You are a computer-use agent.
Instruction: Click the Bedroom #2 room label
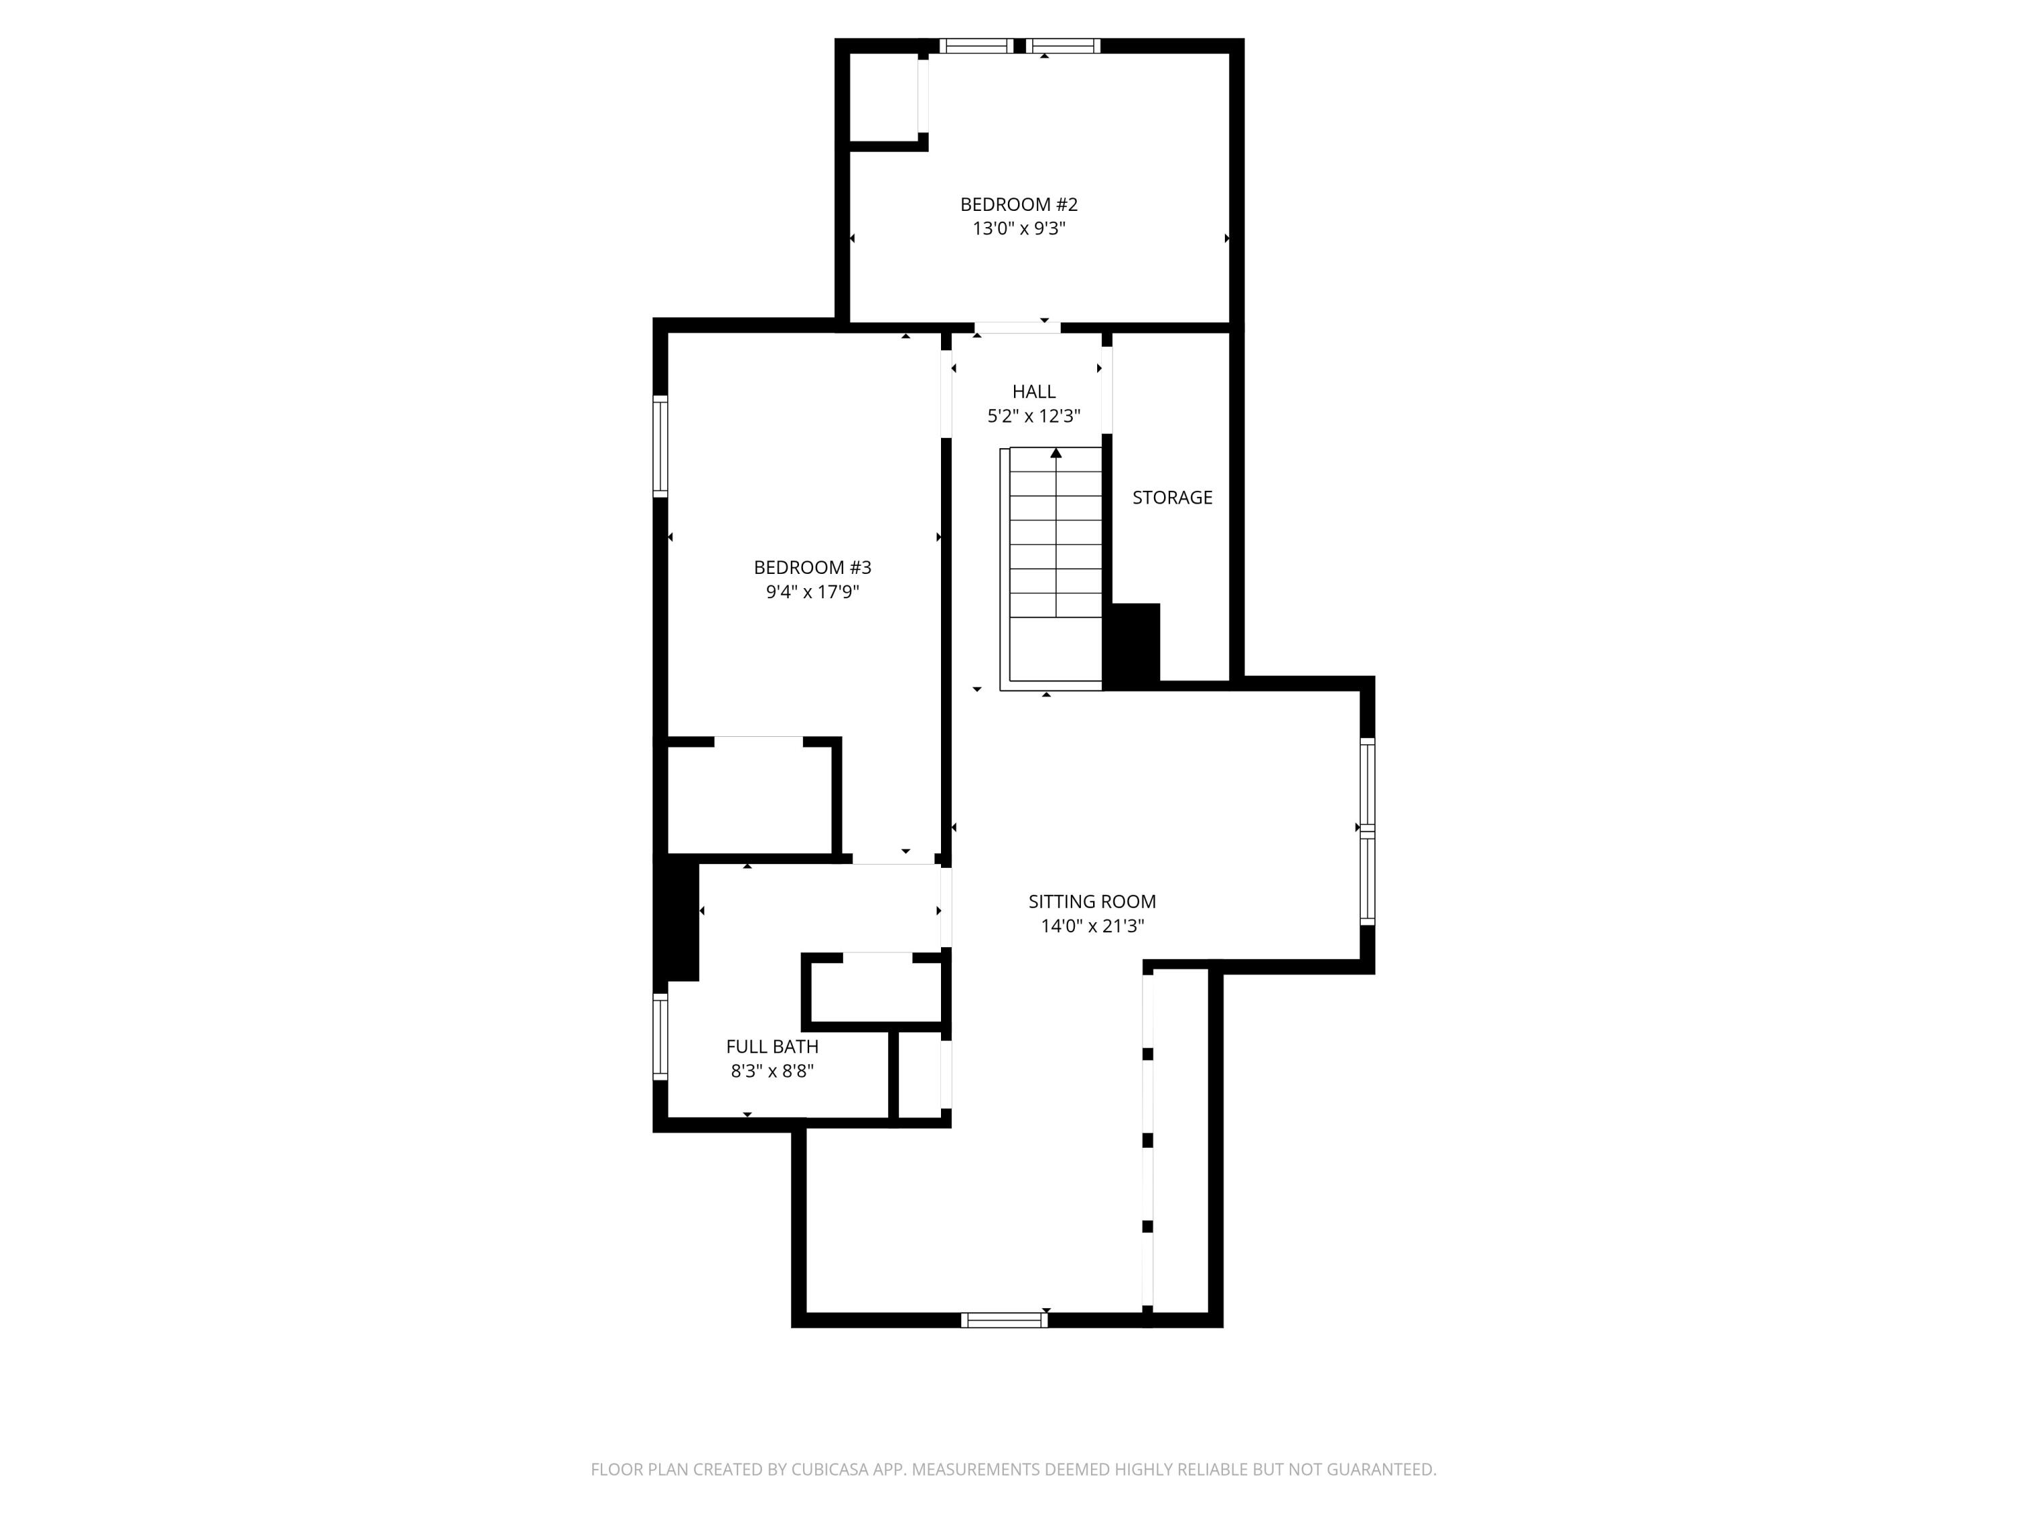[x=1019, y=204]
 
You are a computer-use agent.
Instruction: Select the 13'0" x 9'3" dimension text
[x=1019, y=228]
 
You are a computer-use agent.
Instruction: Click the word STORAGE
[x=1172, y=498]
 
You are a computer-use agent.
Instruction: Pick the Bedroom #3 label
[x=813, y=568]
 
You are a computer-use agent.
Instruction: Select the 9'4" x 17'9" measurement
[x=813, y=592]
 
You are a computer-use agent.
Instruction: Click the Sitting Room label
[x=1092, y=901]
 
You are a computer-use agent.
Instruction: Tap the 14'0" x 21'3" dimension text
[x=1092, y=926]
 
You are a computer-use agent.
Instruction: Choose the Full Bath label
[x=772, y=1046]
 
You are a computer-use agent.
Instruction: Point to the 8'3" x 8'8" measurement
[x=772, y=1071]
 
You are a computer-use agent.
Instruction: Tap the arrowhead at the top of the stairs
[x=1056, y=453]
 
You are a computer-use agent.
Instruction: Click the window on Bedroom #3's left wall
[x=660, y=445]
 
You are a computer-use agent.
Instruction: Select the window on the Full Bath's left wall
[x=660, y=1037]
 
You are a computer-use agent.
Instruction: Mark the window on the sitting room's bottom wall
[x=1004, y=1320]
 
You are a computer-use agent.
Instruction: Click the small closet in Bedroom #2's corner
[x=884, y=97]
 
